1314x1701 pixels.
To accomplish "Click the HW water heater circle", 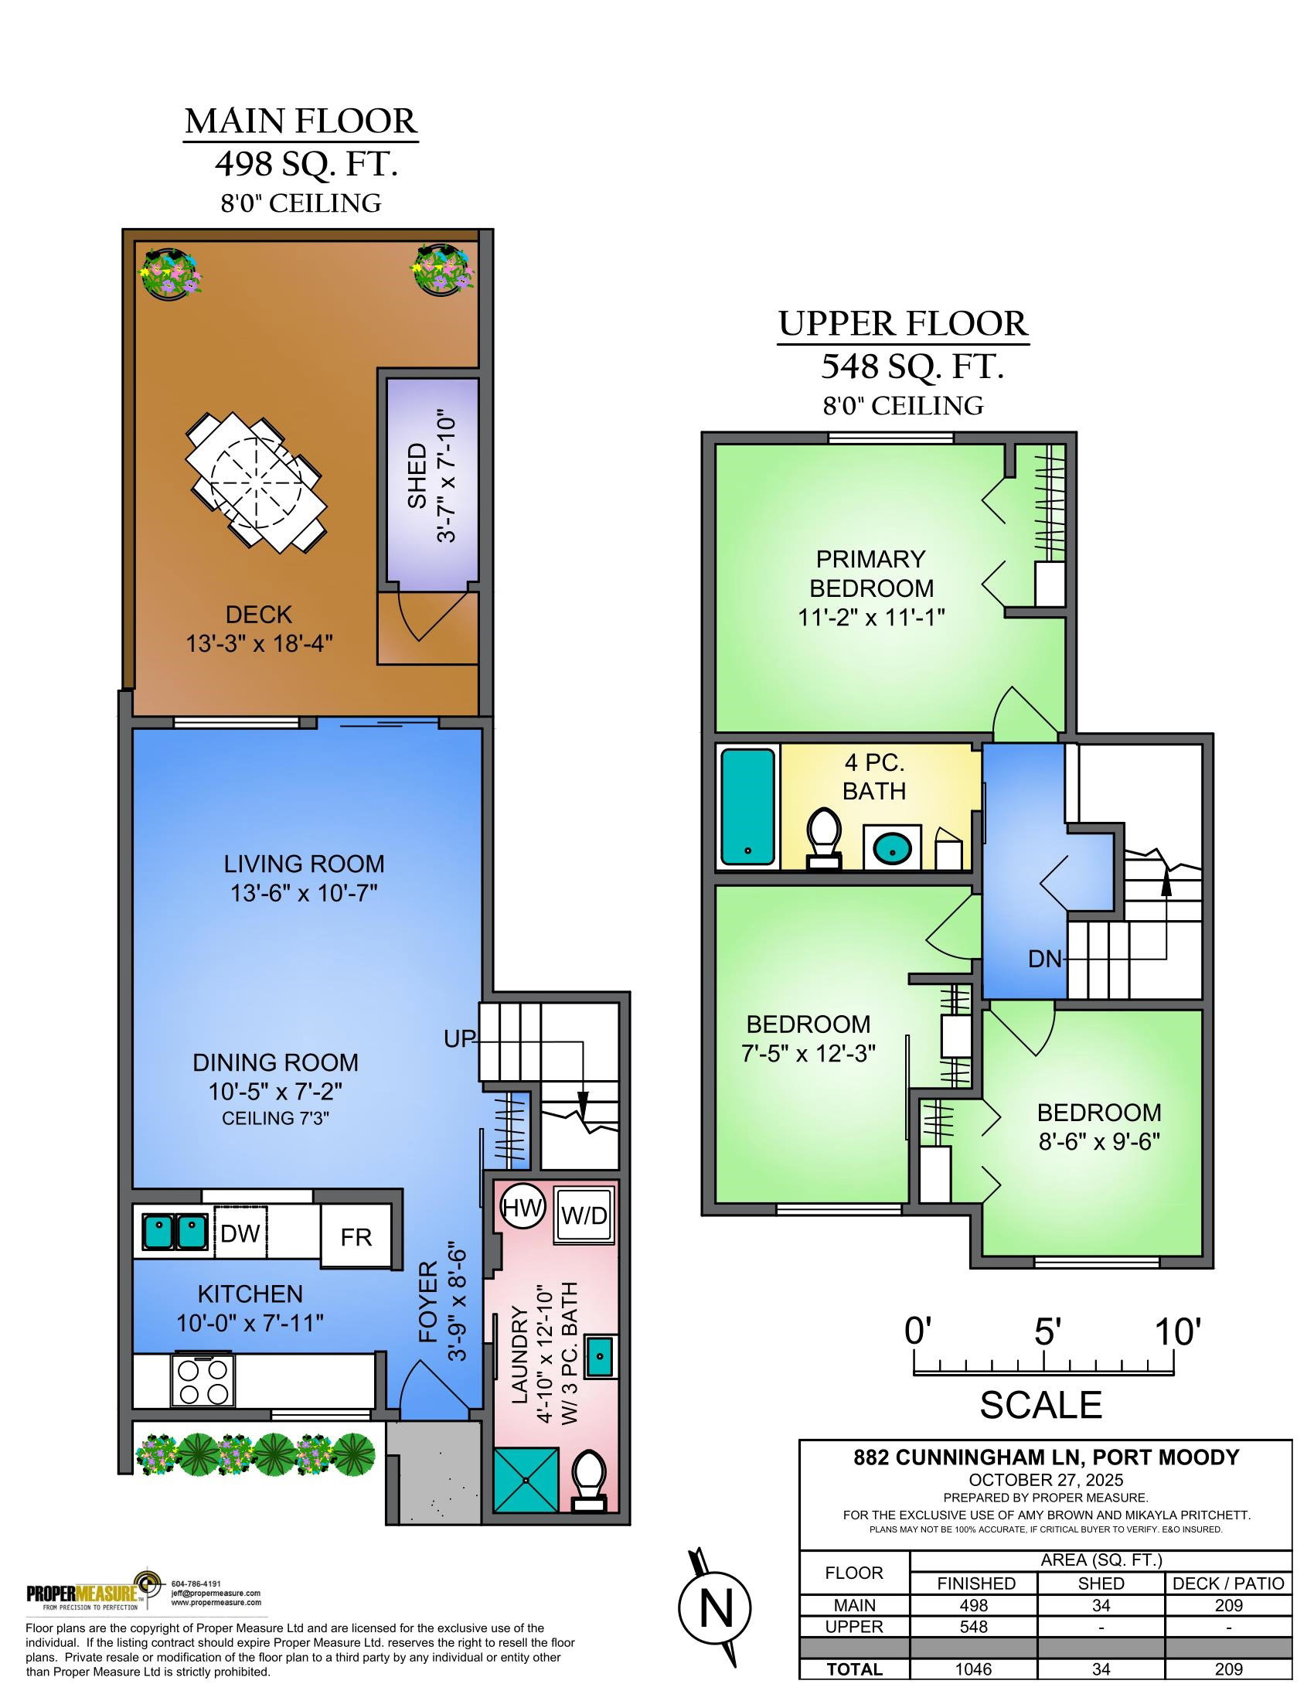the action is (x=522, y=1208).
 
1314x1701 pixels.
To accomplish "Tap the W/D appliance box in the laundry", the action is (x=583, y=1215).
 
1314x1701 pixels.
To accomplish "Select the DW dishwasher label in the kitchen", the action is (x=240, y=1234).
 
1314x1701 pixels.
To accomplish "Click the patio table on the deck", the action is (x=255, y=481).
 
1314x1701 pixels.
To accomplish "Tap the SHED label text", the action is (x=417, y=476).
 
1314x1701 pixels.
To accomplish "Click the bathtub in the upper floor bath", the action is (x=748, y=806).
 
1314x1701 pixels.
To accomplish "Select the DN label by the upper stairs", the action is (x=1045, y=959).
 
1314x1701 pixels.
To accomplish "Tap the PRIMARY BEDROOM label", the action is (x=871, y=573).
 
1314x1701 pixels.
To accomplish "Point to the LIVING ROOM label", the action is (x=304, y=864).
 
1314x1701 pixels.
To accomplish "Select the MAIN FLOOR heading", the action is (x=301, y=121).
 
